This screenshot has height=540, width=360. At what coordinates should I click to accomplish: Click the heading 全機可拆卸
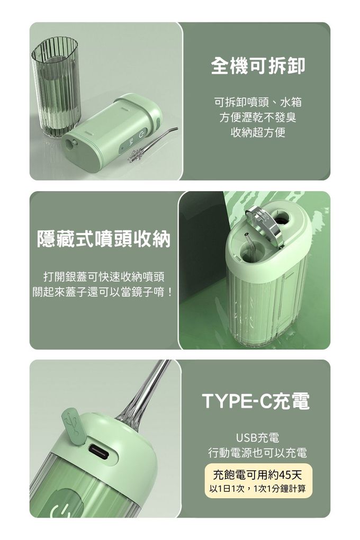click(x=258, y=66)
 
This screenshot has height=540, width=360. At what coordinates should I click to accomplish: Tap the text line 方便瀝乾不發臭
click(x=258, y=117)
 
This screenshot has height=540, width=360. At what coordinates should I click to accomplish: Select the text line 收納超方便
click(x=258, y=132)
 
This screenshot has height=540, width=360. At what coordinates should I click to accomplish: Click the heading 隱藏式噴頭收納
click(x=104, y=238)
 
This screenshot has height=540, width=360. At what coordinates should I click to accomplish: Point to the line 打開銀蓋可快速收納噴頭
click(x=104, y=276)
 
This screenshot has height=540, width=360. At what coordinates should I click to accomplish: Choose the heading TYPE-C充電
click(x=256, y=401)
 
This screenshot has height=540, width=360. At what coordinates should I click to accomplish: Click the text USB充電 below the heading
click(x=257, y=438)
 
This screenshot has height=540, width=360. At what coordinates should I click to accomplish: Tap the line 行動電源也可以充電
click(x=257, y=453)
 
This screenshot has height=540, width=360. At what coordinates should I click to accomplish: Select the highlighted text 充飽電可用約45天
click(x=257, y=475)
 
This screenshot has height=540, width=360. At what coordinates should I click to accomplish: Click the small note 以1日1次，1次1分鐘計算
click(x=257, y=489)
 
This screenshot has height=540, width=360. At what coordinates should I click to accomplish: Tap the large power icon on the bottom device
click(x=61, y=506)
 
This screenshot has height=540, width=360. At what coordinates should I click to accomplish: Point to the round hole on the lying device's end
click(x=73, y=143)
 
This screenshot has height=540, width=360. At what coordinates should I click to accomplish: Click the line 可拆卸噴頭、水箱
click(x=258, y=102)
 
